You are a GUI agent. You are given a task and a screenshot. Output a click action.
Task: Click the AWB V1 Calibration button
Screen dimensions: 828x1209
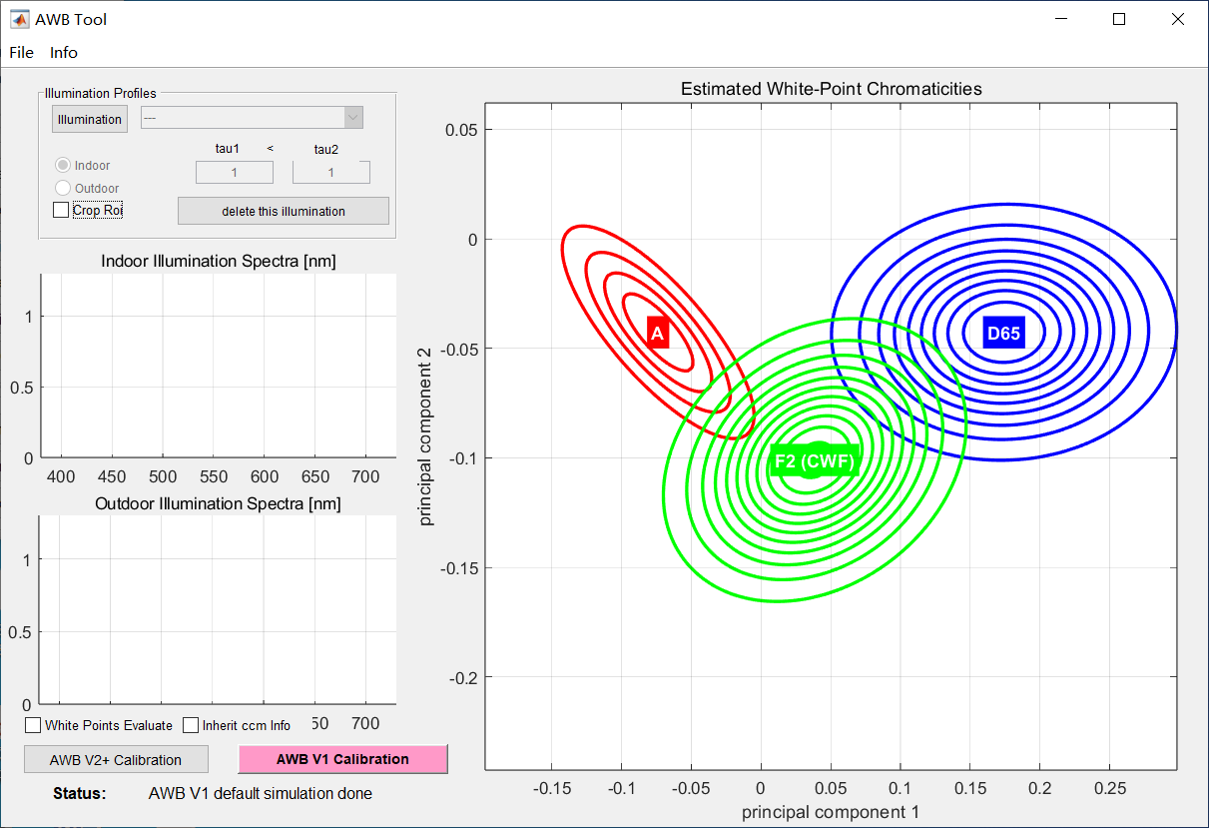click(342, 759)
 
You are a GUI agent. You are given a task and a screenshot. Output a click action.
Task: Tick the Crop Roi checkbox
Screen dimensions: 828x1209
click(61, 210)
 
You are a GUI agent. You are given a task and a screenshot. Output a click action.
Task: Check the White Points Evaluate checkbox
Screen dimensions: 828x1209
click(33, 725)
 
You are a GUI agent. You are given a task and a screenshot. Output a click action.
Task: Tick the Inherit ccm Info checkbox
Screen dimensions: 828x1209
click(191, 725)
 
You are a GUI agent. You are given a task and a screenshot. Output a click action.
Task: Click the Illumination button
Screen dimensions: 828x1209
click(90, 119)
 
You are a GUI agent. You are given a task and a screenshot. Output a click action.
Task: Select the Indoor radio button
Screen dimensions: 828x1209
click(63, 166)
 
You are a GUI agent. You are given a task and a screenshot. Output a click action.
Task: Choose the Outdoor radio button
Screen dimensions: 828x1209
click(63, 188)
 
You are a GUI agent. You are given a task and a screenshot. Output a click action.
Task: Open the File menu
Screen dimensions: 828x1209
click(21, 52)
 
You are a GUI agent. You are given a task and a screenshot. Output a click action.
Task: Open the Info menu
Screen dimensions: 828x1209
click(64, 52)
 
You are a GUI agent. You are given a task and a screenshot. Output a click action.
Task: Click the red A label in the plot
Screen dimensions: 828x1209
click(657, 334)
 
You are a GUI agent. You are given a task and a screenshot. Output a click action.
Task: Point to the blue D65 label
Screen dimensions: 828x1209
click(1003, 333)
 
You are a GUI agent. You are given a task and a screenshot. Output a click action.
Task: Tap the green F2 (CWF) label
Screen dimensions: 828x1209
click(815, 461)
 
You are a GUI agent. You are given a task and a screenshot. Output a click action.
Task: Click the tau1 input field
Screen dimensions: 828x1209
click(234, 173)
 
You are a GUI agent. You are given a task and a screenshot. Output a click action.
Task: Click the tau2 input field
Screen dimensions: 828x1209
click(330, 173)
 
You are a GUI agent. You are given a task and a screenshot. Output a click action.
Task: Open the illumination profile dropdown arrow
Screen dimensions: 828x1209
click(352, 118)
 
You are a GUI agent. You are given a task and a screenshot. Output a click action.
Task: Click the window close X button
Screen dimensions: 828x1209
click(1178, 19)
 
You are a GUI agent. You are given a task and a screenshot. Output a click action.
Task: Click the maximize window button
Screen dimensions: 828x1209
click(1119, 19)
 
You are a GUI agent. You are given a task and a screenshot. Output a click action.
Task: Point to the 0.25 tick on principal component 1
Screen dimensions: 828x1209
click(1110, 788)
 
